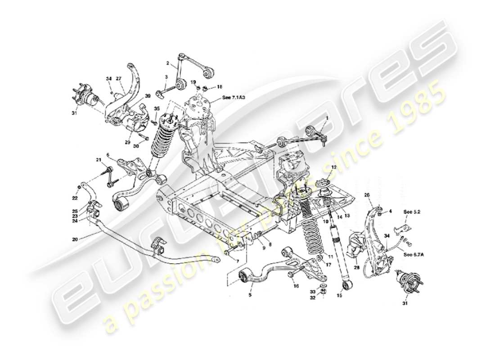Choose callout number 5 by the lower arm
coord(251,295)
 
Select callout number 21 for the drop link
coord(98,160)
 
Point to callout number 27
coord(120,79)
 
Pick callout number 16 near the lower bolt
coord(296,286)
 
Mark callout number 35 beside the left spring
coord(156,108)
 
